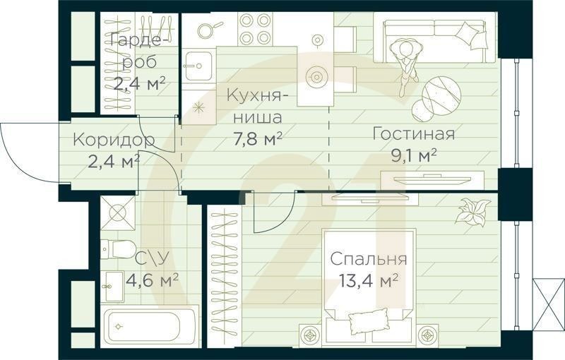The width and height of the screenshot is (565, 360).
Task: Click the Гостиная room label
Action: (x=413, y=134)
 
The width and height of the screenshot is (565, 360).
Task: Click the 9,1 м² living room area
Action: (x=414, y=155)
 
